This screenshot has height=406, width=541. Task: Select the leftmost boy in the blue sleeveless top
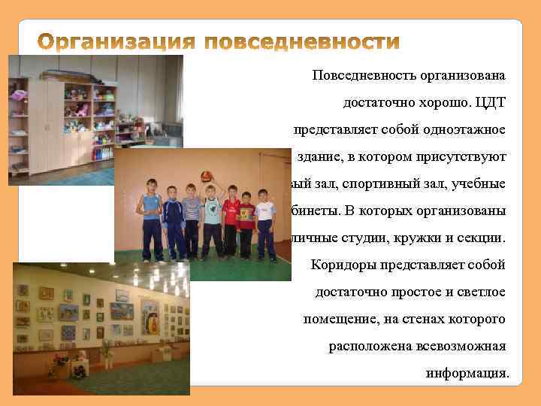(152, 218)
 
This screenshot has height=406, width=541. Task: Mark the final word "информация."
(466, 373)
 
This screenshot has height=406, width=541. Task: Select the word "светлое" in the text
(482, 292)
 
